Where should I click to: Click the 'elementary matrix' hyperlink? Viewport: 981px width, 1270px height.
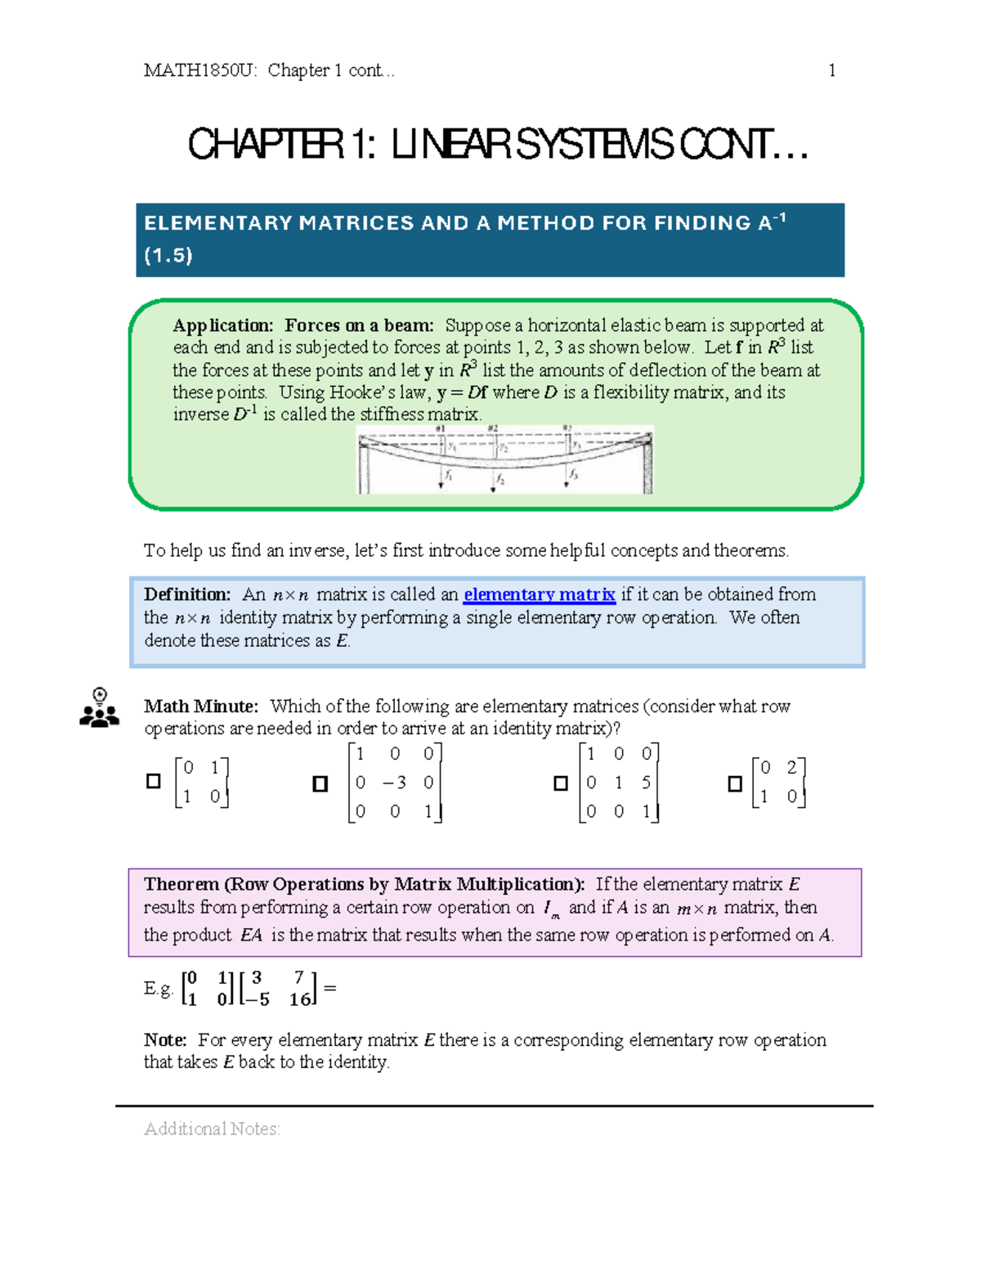coord(539,595)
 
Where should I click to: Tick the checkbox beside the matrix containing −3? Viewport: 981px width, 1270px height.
coord(320,784)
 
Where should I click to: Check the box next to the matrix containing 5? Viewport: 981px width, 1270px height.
coord(561,783)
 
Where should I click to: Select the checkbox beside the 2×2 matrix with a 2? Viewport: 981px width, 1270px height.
coord(735,784)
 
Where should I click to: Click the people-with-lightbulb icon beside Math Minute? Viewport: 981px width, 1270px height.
coord(100,708)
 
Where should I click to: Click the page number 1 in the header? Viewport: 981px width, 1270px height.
coord(831,70)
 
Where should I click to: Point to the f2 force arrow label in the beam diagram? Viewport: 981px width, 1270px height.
coord(499,479)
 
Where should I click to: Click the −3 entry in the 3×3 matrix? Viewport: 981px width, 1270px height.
coord(394,783)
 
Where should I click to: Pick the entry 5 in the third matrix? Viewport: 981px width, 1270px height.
coord(646,783)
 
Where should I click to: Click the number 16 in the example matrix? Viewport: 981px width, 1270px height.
coord(300,999)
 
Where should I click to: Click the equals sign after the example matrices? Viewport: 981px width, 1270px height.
coord(330,988)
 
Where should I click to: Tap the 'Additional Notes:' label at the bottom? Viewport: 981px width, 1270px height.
coord(212,1129)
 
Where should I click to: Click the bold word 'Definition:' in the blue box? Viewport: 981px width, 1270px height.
coord(187,595)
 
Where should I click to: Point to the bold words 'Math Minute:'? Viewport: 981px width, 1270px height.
coord(201,707)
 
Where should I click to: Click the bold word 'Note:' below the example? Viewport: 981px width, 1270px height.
coord(165,1040)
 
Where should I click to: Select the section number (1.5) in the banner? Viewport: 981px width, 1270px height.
coord(168,256)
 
